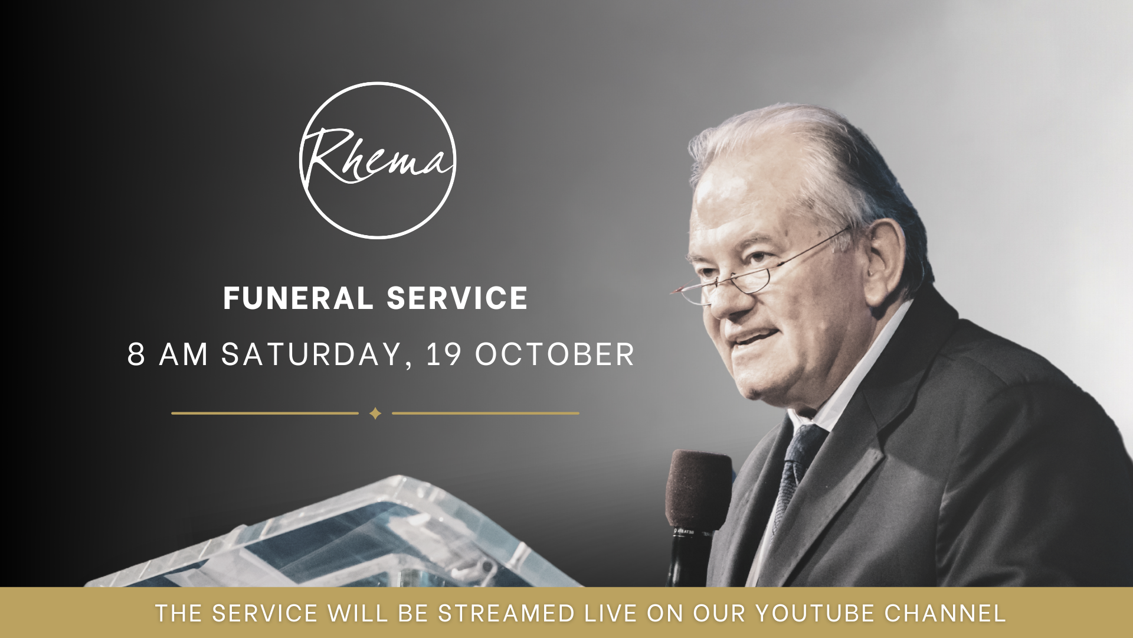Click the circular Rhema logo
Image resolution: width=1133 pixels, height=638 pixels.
(x=378, y=160)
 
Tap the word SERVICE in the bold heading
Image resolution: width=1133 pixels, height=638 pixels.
(x=457, y=298)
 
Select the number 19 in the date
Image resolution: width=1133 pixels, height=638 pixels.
(x=444, y=354)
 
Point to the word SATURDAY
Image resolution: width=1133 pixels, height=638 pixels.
(x=312, y=354)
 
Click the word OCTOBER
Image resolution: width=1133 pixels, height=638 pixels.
(x=555, y=354)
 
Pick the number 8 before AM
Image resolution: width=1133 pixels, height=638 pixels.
(x=136, y=354)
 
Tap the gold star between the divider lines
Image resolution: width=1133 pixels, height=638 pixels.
(x=375, y=414)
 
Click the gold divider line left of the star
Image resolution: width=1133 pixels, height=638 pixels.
(x=265, y=414)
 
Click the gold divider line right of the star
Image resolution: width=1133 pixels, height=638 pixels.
(x=485, y=414)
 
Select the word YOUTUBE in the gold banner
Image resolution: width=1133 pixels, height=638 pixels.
(x=816, y=613)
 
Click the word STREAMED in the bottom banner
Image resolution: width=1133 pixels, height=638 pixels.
(x=506, y=613)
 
